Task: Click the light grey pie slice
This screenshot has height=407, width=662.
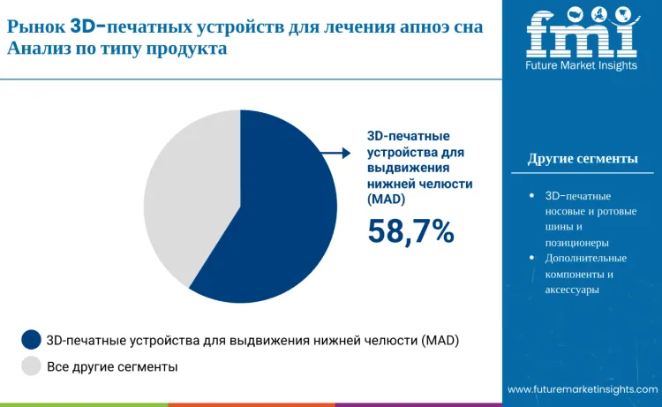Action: point(185,194)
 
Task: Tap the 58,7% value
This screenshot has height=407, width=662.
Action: point(410,231)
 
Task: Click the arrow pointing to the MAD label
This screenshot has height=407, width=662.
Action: point(335,154)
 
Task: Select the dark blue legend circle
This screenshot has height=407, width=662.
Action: point(31,339)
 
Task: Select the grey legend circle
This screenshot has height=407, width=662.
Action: point(31,366)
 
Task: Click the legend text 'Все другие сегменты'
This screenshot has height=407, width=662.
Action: point(112,366)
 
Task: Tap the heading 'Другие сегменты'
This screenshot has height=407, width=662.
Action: point(583,159)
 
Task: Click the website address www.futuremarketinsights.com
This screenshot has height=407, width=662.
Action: point(583,389)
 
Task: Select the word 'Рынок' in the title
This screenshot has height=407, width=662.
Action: point(35,27)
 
